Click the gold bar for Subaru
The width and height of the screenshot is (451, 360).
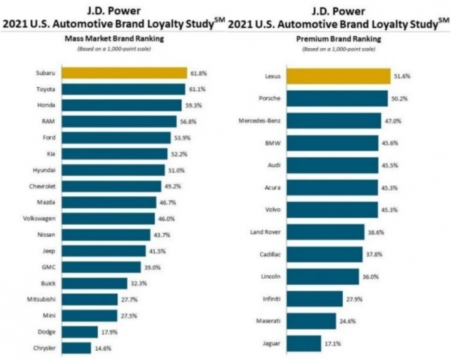click(124, 73)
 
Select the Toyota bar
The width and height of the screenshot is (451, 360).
click(123, 89)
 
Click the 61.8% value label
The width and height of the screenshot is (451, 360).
click(198, 73)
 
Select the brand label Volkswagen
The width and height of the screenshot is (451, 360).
click(37, 218)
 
